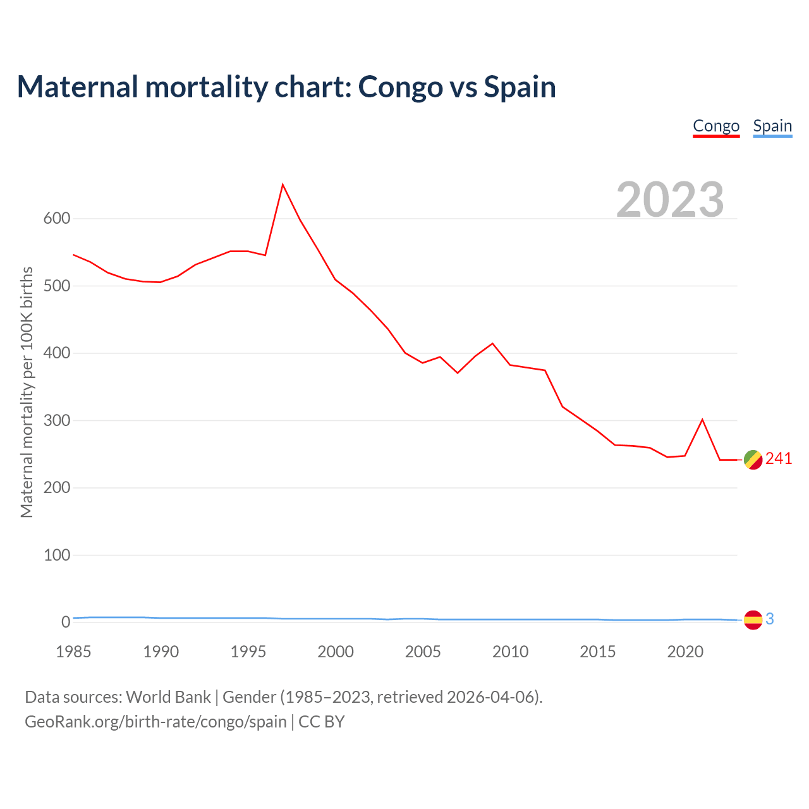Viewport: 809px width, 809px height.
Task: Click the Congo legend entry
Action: point(716,126)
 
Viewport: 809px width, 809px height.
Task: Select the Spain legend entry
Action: point(772,126)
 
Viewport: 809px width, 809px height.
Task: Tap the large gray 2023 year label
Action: point(670,199)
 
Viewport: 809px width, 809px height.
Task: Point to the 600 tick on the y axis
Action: point(56,219)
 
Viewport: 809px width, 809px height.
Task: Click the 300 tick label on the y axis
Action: point(56,420)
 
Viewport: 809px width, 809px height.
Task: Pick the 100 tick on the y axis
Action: point(56,555)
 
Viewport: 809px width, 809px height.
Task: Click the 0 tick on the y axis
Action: point(66,622)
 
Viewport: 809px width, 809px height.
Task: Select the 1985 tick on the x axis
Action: point(73,652)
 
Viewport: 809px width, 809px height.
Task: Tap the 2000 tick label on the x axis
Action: point(336,652)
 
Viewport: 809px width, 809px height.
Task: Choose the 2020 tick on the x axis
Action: point(685,652)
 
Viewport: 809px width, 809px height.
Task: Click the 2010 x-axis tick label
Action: point(510,652)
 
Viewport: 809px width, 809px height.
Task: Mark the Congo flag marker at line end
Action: point(753,459)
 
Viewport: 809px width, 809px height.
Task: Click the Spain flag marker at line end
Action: point(753,620)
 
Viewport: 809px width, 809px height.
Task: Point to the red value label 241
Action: point(779,459)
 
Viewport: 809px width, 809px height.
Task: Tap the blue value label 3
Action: point(770,619)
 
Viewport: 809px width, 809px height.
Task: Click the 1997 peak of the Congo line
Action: point(283,185)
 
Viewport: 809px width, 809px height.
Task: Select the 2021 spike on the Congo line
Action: point(702,420)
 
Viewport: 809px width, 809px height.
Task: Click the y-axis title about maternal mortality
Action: point(27,392)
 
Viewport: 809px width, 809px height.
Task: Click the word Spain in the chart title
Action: point(520,87)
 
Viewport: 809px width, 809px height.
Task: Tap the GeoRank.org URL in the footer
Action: point(155,721)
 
